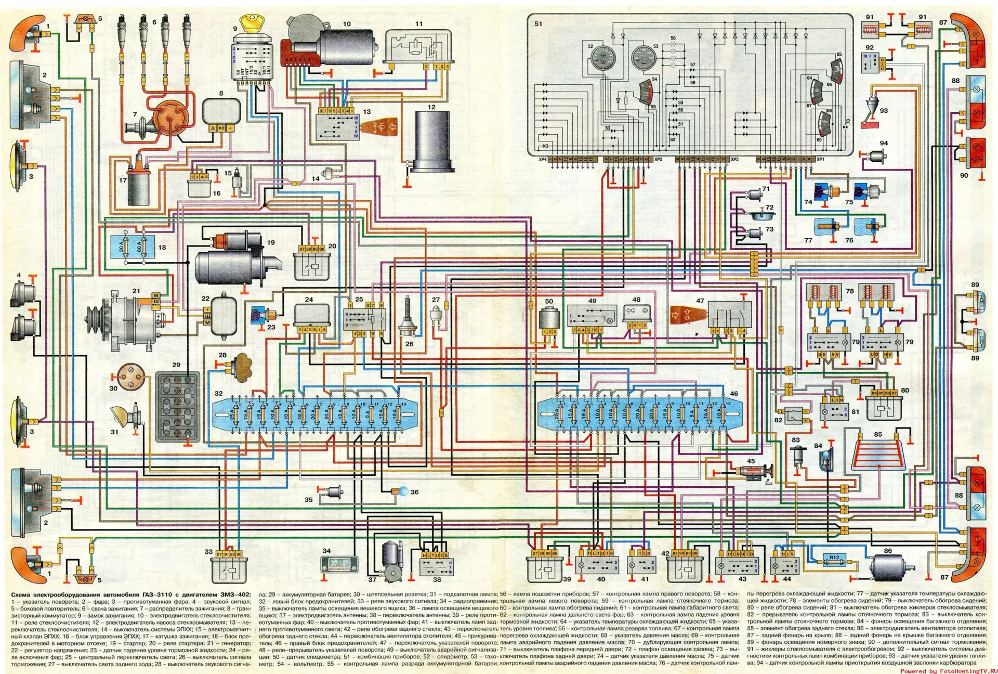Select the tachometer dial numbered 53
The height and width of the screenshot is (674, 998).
pos(644,58)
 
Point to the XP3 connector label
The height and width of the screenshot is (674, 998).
pos(659,159)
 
